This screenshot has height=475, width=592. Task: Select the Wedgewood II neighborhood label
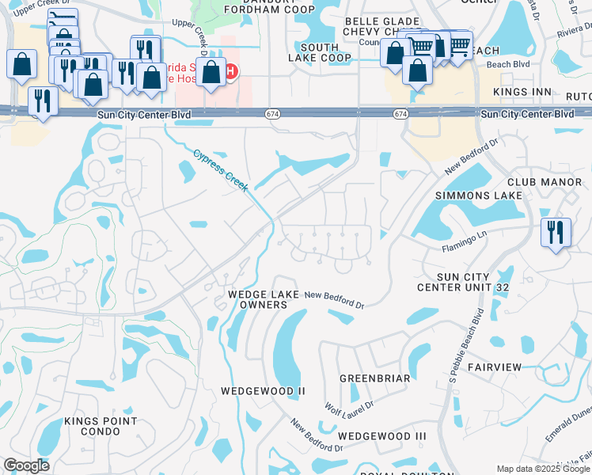click(x=263, y=391)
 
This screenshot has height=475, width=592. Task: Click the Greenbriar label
click(x=374, y=378)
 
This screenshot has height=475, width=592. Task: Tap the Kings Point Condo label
click(x=101, y=427)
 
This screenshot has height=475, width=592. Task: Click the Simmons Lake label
click(x=479, y=195)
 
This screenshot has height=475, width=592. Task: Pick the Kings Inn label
click(x=522, y=93)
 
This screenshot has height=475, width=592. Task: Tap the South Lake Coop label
click(x=320, y=53)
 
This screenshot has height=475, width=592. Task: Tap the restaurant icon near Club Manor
click(x=556, y=232)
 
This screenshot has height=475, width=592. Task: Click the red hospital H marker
click(x=230, y=73)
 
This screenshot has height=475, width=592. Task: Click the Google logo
click(x=26, y=465)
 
